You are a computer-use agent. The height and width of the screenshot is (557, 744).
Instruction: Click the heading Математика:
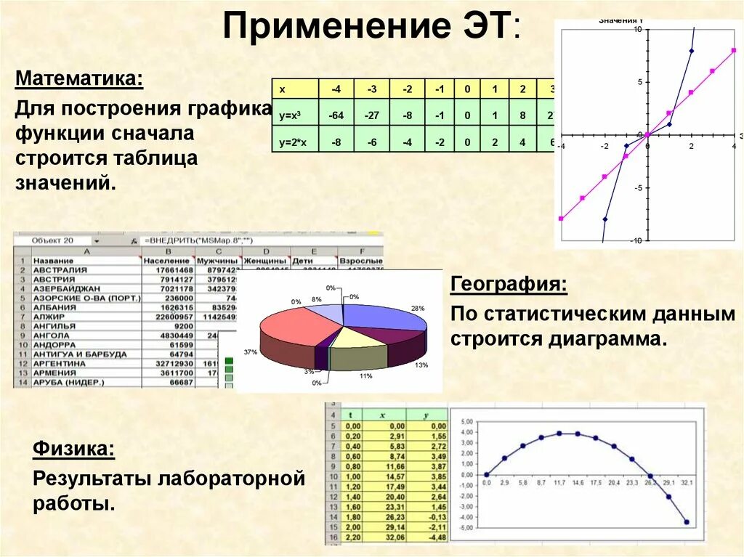[x=79, y=78]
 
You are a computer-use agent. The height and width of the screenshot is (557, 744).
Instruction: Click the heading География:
[x=509, y=283]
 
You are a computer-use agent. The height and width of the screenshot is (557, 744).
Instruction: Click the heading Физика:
[x=73, y=450]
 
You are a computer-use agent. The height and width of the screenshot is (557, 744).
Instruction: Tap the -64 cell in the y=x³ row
[x=336, y=115]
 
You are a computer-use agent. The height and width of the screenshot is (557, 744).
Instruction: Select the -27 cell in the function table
[x=371, y=115]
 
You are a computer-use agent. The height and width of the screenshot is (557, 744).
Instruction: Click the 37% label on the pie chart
[x=251, y=352]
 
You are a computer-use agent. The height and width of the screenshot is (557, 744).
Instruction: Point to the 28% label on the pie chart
[x=418, y=309]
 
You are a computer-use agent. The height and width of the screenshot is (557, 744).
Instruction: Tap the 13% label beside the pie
[x=421, y=365]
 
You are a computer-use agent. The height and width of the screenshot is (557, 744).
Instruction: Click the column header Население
[x=166, y=260]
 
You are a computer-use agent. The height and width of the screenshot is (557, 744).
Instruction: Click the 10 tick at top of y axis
[x=636, y=30]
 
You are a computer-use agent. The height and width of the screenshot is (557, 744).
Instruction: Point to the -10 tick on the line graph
[x=636, y=240]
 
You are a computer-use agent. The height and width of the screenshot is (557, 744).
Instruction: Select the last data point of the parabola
[x=687, y=521]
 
